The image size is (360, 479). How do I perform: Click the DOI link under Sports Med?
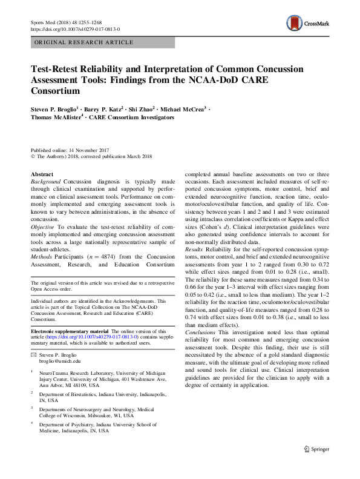click(x=74, y=28)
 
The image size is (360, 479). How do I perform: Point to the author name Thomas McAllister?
click(x=56, y=117)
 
